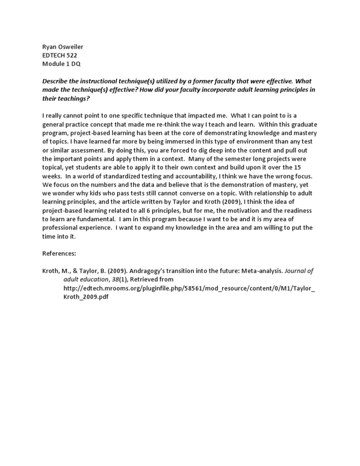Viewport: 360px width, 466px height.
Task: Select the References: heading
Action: (x=59, y=253)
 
